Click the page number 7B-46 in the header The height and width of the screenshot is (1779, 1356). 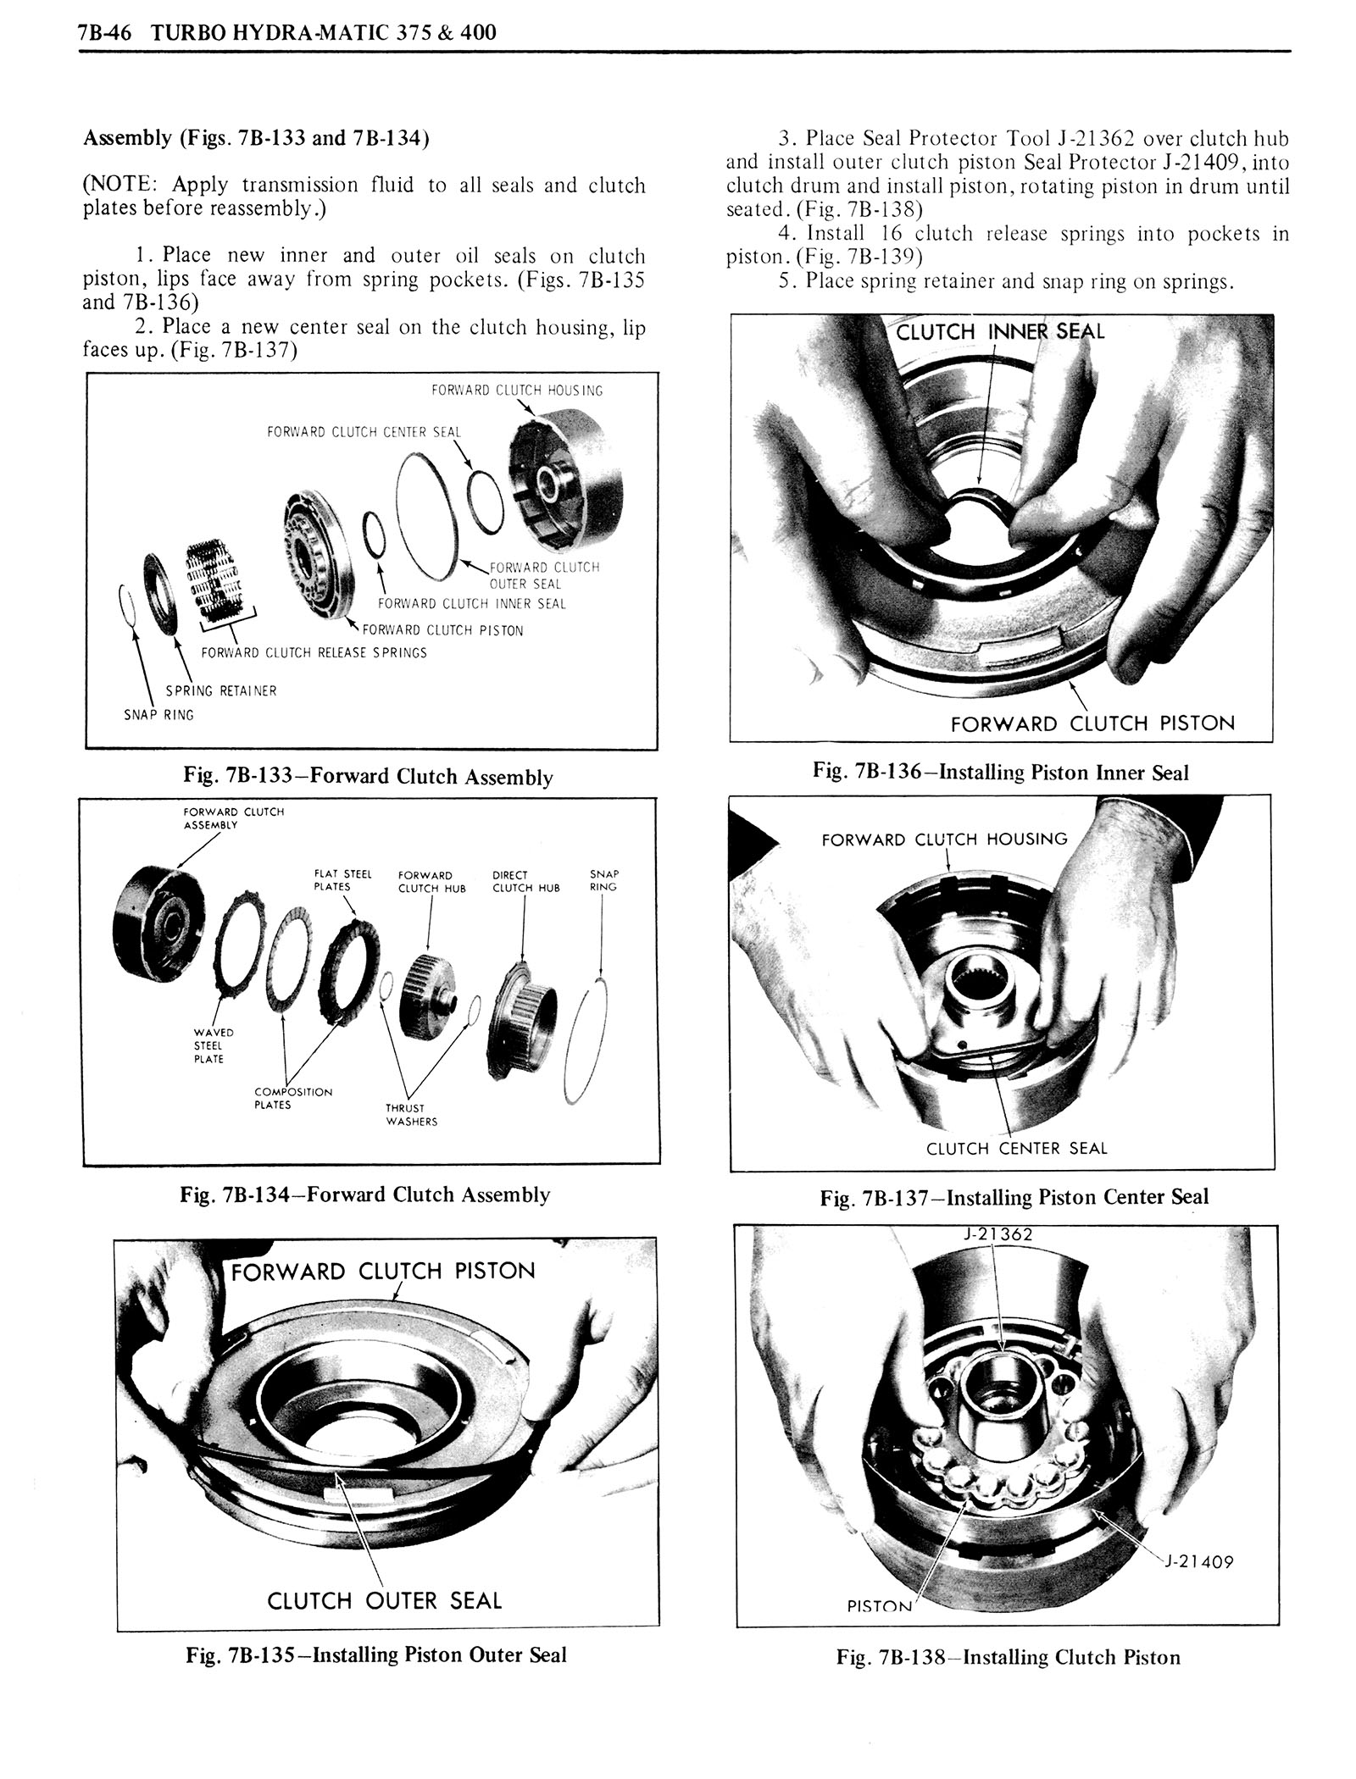99,33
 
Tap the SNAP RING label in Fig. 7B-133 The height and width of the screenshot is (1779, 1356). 159,715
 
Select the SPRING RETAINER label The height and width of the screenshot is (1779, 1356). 221,690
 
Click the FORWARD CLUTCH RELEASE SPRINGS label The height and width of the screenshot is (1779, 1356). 314,652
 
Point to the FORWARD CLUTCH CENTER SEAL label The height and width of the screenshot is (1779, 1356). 364,432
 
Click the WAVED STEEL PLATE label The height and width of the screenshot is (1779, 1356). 208,1045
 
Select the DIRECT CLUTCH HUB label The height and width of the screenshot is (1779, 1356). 525,881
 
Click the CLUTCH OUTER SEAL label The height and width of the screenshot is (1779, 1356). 385,1600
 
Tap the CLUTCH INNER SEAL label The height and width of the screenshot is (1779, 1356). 1000,332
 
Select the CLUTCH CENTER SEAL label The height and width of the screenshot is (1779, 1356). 1017,1149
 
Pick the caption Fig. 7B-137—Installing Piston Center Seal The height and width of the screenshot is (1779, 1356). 1014,1197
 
